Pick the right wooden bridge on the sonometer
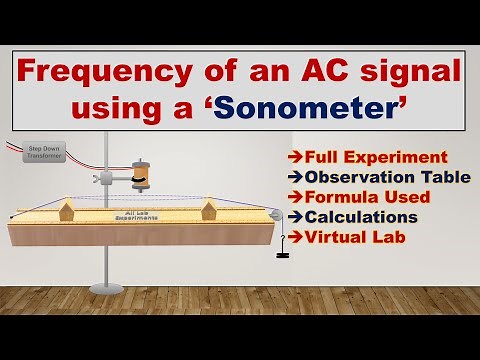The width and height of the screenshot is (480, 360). (x=210, y=210)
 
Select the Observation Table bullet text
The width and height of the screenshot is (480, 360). (x=373, y=177)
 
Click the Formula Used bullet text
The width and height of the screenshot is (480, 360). (x=359, y=197)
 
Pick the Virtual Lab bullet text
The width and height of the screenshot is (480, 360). (x=349, y=237)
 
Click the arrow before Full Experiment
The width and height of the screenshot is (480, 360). (x=291, y=157)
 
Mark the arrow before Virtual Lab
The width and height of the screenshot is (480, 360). (x=291, y=237)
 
